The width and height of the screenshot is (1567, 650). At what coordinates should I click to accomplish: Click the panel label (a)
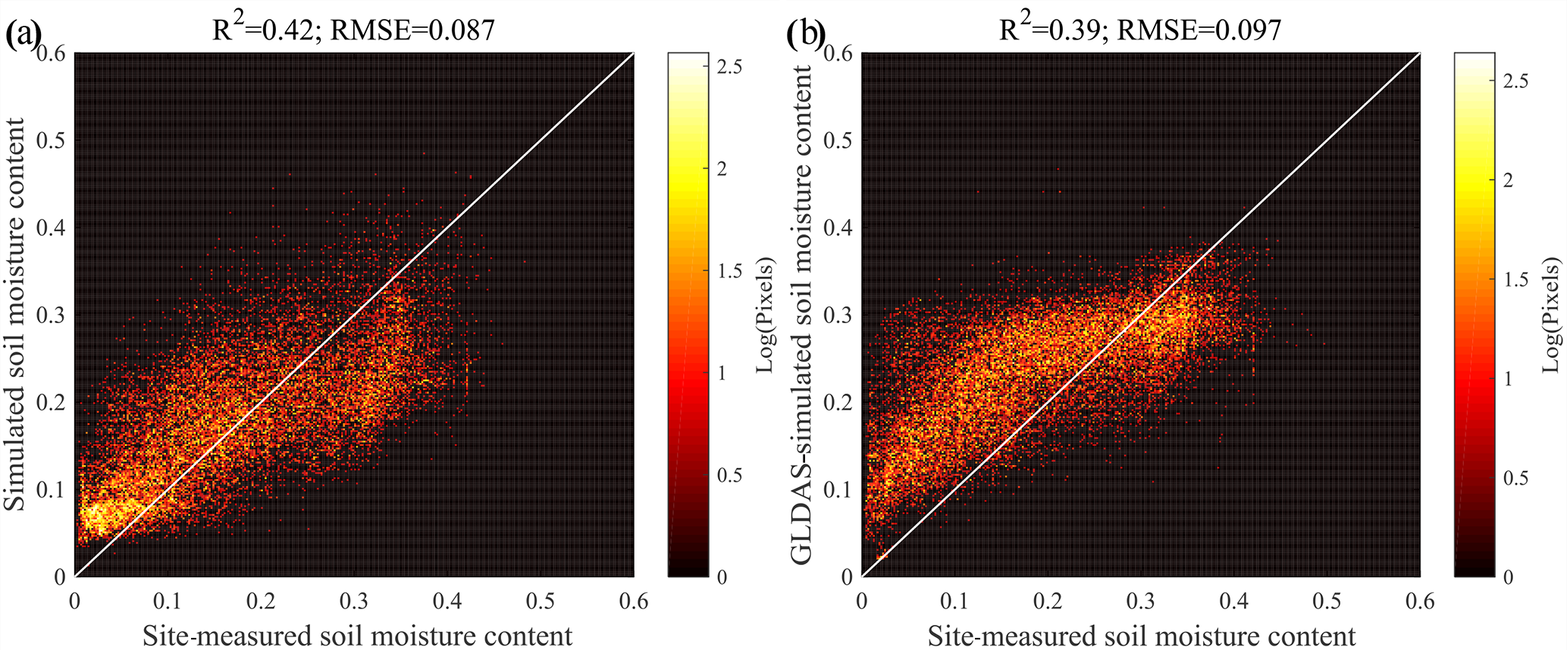(22, 35)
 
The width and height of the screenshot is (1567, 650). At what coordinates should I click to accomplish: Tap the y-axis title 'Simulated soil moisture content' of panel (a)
(16, 314)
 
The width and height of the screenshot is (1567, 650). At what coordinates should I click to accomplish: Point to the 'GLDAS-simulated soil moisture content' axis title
(801, 314)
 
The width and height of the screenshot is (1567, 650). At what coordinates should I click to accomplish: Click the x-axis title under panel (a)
(357, 635)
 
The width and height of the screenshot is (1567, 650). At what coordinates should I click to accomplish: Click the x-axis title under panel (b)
(1142, 635)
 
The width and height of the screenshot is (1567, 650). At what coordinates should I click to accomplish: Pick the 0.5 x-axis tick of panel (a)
(541, 601)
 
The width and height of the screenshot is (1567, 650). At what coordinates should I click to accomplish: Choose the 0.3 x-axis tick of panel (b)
(1140, 601)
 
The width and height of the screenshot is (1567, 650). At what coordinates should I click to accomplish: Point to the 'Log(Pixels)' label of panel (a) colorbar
(766, 316)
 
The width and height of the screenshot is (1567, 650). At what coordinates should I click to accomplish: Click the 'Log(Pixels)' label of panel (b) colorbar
(1552, 316)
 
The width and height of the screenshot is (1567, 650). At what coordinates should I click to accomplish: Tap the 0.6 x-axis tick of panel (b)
(1420, 601)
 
